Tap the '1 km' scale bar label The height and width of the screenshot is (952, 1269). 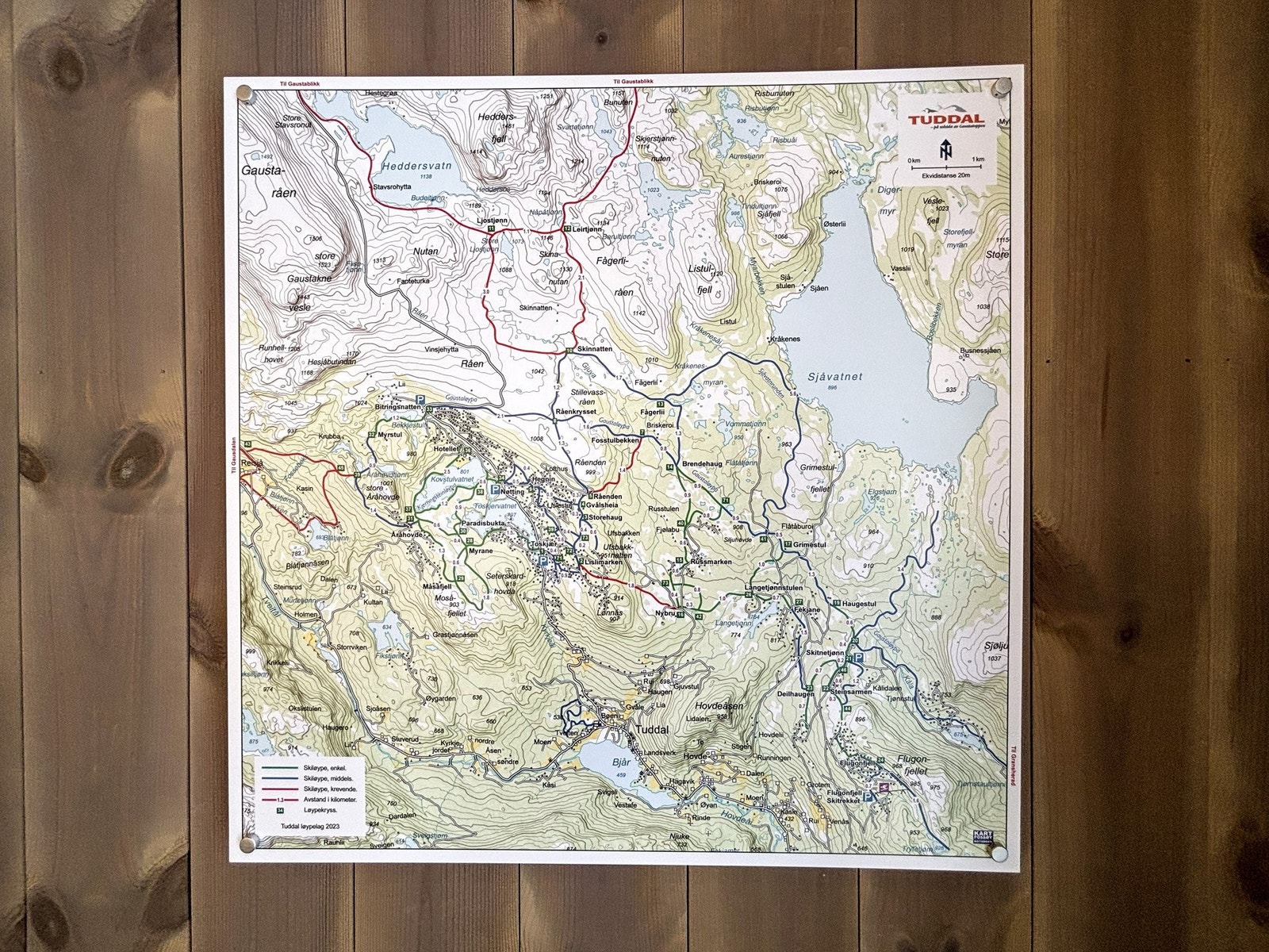point(977,159)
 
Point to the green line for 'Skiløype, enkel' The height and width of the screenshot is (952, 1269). point(273,768)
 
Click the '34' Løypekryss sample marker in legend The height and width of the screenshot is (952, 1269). point(280,811)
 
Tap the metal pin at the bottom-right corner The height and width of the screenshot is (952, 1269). point(999,854)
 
